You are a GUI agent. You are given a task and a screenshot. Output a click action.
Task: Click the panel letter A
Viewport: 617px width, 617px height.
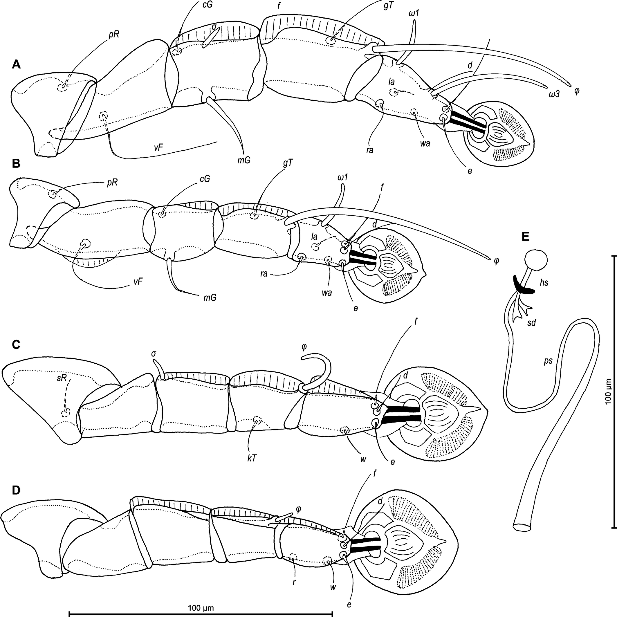[16, 65]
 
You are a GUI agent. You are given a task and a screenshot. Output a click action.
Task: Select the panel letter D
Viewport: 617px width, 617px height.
[16, 490]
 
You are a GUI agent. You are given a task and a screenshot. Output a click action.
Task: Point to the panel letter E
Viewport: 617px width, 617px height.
[525, 236]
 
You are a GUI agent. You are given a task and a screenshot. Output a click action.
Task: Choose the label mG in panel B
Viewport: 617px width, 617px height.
[210, 298]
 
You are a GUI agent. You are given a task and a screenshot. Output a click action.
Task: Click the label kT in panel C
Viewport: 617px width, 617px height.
[252, 458]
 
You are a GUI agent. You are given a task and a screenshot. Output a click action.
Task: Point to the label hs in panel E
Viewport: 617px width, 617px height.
[544, 282]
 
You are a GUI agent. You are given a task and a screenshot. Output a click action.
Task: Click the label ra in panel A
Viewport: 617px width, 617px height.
[370, 150]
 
